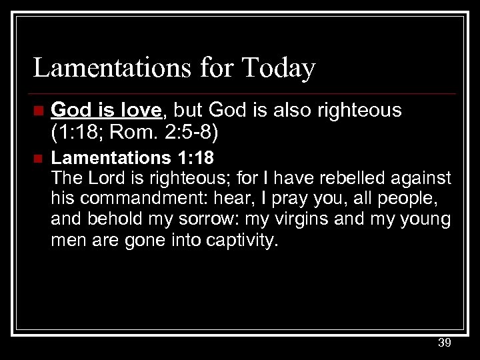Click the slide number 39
point(445,343)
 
